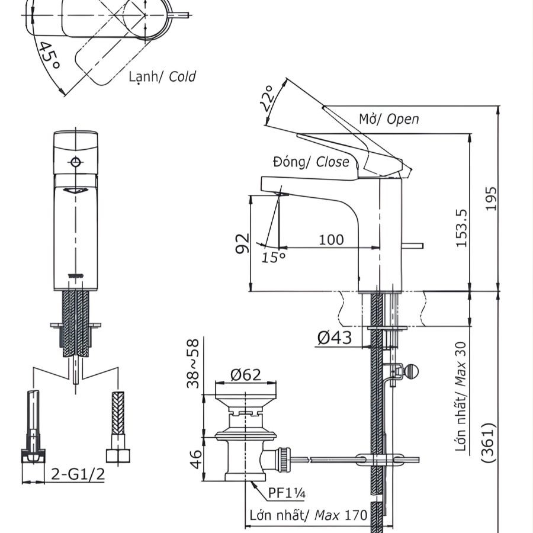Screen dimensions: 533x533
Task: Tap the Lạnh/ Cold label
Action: (x=162, y=76)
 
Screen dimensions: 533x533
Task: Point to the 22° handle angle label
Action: (x=268, y=98)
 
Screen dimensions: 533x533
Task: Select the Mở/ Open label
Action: (x=388, y=118)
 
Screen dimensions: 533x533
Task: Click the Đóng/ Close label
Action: (x=311, y=162)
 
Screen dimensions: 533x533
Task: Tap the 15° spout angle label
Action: (x=274, y=256)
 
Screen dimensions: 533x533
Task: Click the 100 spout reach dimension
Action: (x=331, y=239)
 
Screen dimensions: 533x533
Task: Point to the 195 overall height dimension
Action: (x=490, y=198)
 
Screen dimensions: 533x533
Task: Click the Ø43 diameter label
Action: (x=334, y=338)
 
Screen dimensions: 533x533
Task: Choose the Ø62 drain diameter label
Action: (x=245, y=374)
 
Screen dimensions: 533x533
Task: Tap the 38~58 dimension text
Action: (x=193, y=364)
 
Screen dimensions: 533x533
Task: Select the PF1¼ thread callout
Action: (x=287, y=493)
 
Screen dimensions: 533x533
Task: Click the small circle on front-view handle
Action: (x=75, y=162)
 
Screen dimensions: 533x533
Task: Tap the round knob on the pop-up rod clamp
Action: (x=412, y=371)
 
